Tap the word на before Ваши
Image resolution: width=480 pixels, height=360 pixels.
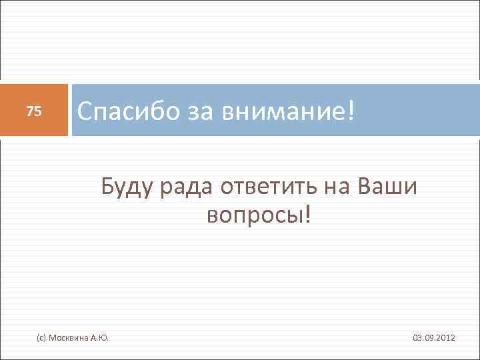(337, 188)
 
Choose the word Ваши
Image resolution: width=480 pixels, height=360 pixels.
(388, 188)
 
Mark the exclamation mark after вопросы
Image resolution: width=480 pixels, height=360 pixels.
(307, 215)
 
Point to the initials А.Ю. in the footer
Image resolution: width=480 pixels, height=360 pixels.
(99, 339)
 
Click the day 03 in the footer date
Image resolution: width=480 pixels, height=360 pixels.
(417, 339)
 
